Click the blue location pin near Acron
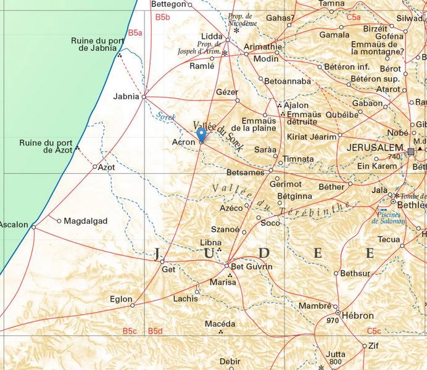[201, 134]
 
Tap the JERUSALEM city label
[375, 149]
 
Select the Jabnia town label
[126, 96]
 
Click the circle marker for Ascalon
[34, 227]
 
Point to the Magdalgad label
[86, 221]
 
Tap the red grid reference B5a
[135, 32]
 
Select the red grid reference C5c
[374, 331]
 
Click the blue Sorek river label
[165, 116]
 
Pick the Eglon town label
[121, 299]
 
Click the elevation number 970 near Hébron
[333, 321]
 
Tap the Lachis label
[186, 298]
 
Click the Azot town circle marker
[95, 167]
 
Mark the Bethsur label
[355, 273]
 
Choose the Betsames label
[246, 173]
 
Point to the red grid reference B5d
[155, 331]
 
